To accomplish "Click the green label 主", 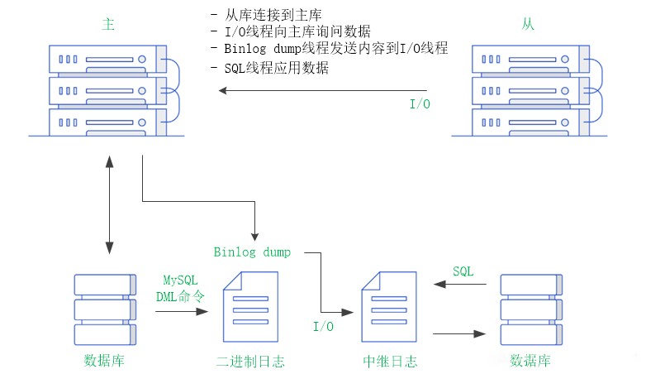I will (107, 24).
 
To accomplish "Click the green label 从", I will (528, 24).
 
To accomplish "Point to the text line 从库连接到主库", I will (272, 16).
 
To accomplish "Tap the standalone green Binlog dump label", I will (252, 252).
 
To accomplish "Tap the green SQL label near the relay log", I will (463, 271).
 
